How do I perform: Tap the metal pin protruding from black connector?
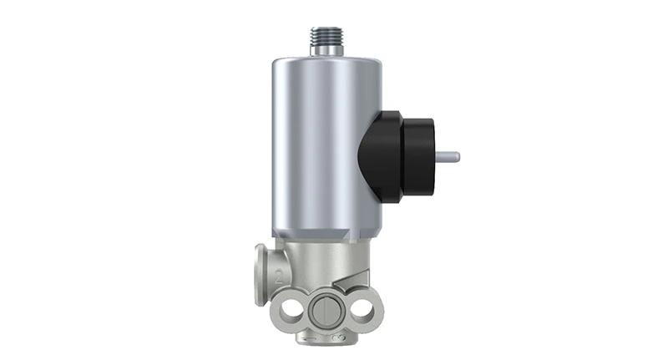(x=448, y=155)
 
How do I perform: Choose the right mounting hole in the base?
(x=362, y=311)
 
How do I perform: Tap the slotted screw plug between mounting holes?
(x=324, y=312)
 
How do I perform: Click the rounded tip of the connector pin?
(x=457, y=155)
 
